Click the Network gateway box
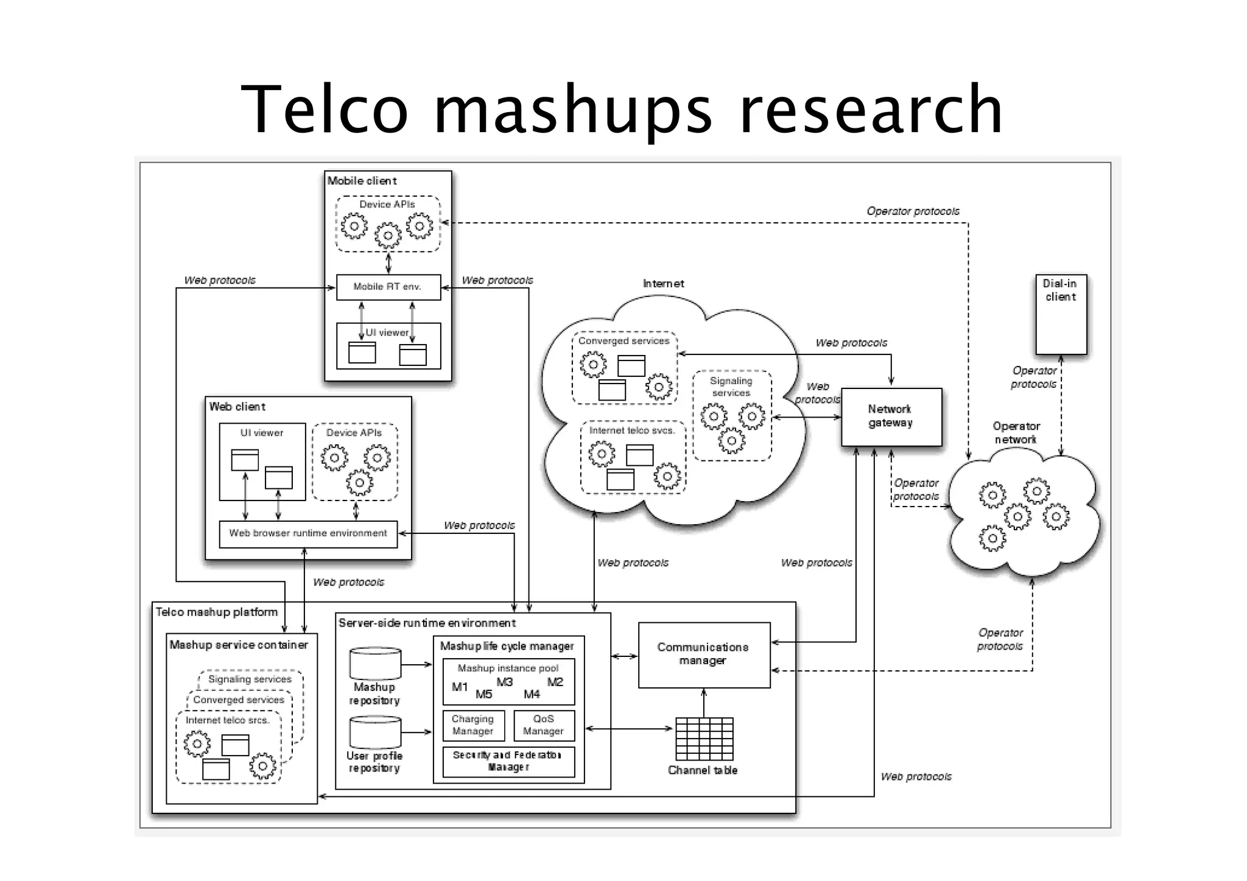pos(891,417)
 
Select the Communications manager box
pos(704,655)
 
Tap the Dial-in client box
pos(1061,315)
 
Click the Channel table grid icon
pos(704,739)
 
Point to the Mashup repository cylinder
pos(375,664)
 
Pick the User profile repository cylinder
pos(375,733)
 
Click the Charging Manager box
pos(473,725)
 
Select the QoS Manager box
pos(543,725)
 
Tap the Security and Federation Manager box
pos(508,761)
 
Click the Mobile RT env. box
pos(388,287)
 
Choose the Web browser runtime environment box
pos(308,533)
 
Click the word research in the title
pos(870,110)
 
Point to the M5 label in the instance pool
pos(483,694)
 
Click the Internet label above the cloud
pos(663,284)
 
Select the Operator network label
pos(1016,433)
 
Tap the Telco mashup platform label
pos(217,612)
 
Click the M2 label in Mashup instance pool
pos(555,682)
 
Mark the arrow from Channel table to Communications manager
pos(704,703)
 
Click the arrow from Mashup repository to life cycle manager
pos(417,665)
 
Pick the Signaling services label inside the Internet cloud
pos(731,387)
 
